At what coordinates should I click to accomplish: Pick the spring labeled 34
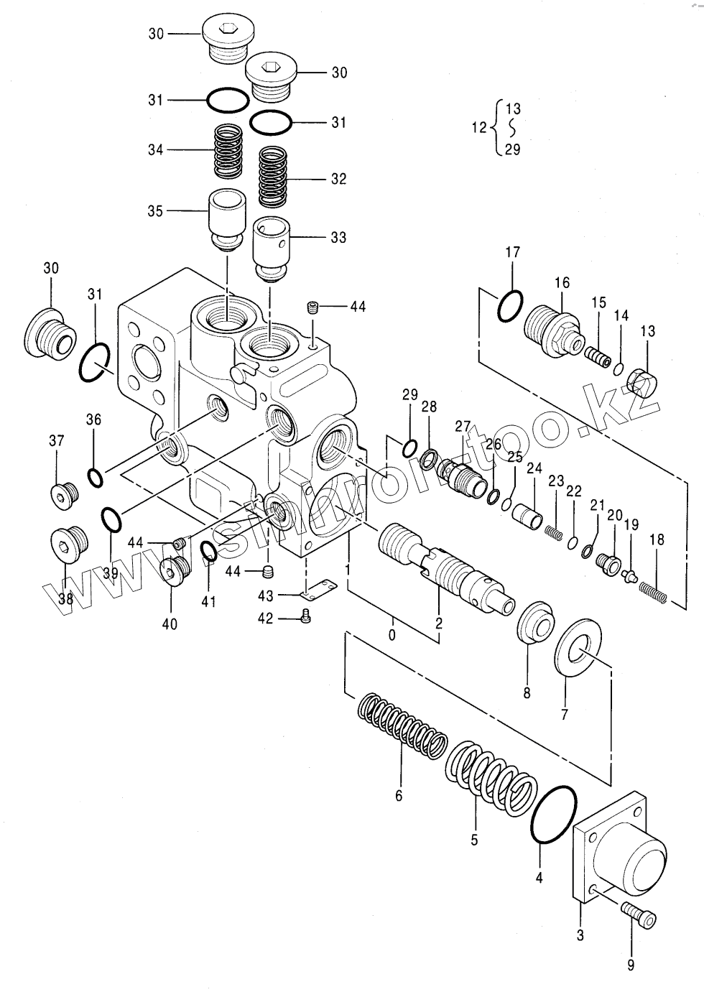(x=228, y=152)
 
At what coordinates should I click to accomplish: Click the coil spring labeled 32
(x=273, y=177)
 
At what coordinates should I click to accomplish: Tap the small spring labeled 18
(x=653, y=592)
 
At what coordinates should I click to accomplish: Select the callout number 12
(x=479, y=128)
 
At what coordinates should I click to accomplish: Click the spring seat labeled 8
(x=536, y=622)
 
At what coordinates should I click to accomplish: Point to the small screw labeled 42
(x=305, y=616)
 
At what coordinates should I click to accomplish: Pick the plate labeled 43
(x=318, y=590)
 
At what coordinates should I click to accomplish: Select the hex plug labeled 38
(x=69, y=544)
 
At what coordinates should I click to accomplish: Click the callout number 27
(x=463, y=427)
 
